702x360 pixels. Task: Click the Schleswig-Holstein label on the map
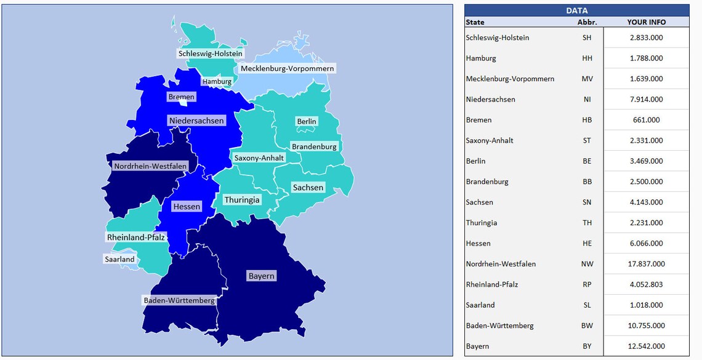coord(210,54)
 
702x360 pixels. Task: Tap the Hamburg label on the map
coord(217,81)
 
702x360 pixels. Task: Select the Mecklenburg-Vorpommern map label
coord(287,68)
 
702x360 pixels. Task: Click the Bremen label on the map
coord(181,97)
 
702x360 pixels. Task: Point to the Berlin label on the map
coord(306,121)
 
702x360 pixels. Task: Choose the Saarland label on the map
coord(119,259)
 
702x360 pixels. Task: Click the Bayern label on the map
coord(261,276)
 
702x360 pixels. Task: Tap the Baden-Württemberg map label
coord(179,300)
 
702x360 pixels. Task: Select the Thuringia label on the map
coord(241,200)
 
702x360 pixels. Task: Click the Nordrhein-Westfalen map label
coord(150,166)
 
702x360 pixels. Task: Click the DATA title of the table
coord(576,10)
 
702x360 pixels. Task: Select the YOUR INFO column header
coord(646,22)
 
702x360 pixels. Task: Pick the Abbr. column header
coord(586,22)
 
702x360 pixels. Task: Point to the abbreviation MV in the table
coord(586,79)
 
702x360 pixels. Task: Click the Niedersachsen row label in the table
coord(490,99)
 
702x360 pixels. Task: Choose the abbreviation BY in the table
coord(586,346)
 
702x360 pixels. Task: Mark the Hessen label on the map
coord(187,206)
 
